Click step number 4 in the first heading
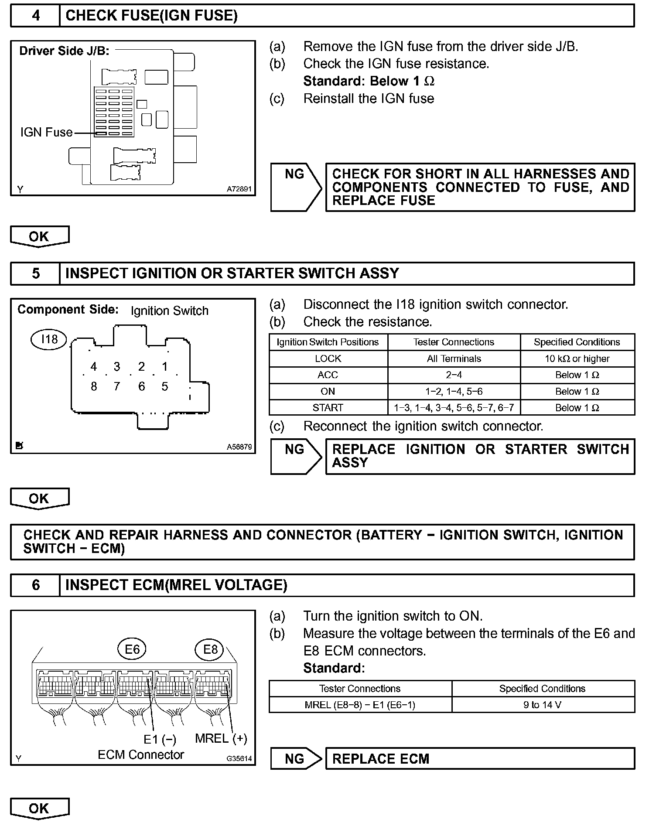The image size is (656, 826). (x=35, y=16)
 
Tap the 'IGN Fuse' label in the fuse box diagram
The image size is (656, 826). (x=46, y=132)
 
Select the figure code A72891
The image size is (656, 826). (x=239, y=189)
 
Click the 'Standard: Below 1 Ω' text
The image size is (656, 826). (x=369, y=81)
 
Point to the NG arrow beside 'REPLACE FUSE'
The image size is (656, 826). (x=296, y=187)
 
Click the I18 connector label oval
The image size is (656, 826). (x=49, y=339)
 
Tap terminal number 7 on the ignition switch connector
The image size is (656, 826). (x=116, y=386)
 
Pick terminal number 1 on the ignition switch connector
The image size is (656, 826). (x=164, y=367)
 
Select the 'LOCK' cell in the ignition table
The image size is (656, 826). (x=328, y=358)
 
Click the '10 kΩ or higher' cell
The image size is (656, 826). (x=577, y=358)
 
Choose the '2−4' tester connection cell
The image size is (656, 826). (x=454, y=375)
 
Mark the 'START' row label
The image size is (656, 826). (x=328, y=408)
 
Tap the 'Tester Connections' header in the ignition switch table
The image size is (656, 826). (x=454, y=342)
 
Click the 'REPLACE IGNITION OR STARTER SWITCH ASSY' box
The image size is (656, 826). (x=480, y=456)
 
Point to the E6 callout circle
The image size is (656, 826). (x=132, y=650)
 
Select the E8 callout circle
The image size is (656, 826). (x=210, y=650)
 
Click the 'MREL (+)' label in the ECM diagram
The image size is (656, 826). (x=221, y=738)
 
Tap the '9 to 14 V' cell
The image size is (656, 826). (x=542, y=705)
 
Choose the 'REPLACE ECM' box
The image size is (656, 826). (x=480, y=759)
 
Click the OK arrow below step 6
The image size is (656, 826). (x=39, y=809)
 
